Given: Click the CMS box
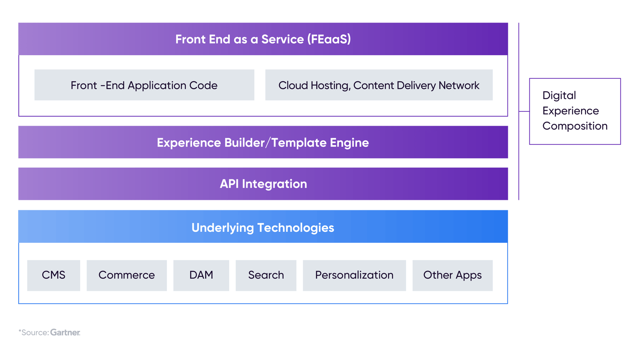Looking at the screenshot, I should coord(54,275).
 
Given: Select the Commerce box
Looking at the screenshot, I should coord(126,275).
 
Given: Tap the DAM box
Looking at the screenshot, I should coord(201,275).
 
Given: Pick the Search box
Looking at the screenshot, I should coord(266,275).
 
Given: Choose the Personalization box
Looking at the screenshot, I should coord(354,275).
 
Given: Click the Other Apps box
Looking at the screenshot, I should coord(452,275).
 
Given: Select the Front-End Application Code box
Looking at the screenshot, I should coord(144,85).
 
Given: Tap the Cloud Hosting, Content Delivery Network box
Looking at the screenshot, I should coord(379,85).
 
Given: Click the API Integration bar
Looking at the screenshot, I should coord(263,184).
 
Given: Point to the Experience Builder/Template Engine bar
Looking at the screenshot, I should coord(263,143).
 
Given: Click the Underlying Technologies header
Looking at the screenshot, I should coord(263,227).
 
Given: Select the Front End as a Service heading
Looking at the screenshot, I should coord(263,39).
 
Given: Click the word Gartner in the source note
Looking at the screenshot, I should coord(65,332).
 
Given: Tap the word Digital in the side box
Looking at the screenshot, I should coord(559,95).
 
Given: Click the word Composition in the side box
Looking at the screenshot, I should coord(575,126).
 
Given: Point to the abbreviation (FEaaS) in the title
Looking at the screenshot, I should coord(329,39).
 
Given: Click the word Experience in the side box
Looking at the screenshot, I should coord(570,111).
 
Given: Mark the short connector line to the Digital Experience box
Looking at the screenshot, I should coord(524,111).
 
